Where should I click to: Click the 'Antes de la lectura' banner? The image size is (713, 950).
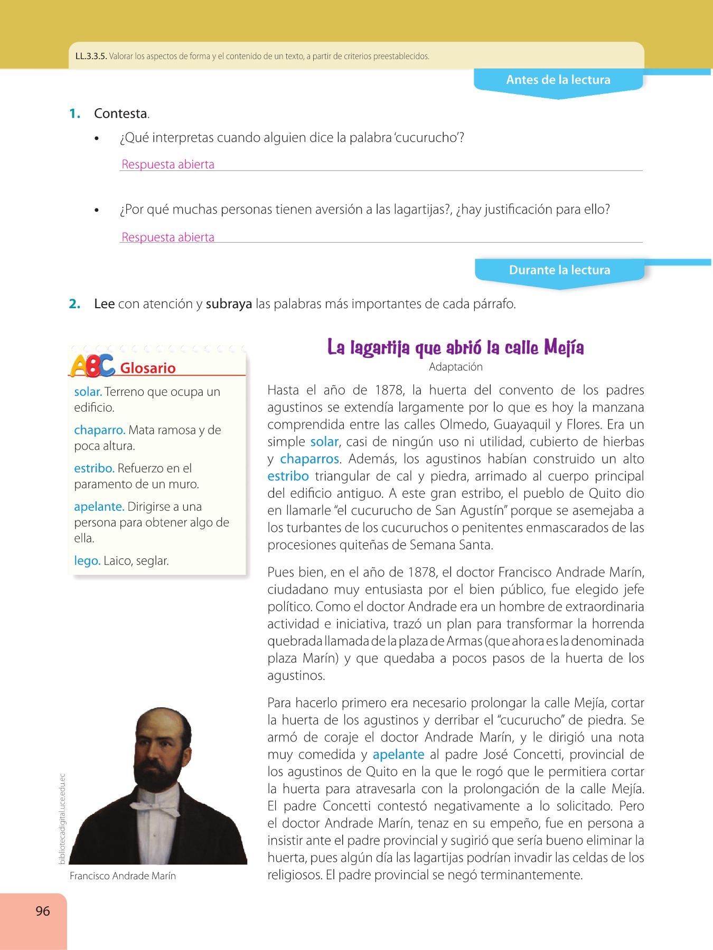click(558, 80)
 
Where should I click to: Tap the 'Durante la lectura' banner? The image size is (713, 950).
click(559, 270)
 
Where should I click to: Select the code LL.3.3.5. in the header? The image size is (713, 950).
click(91, 56)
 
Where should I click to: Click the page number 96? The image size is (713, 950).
click(43, 911)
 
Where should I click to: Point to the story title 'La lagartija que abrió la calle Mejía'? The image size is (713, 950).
click(455, 348)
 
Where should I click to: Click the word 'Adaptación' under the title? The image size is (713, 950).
click(455, 367)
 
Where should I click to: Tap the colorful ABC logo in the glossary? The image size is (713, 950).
click(92, 366)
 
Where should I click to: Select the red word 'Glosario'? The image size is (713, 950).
click(148, 368)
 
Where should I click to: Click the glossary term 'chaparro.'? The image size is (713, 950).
click(99, 430)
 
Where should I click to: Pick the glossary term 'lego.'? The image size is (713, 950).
click(87, 560)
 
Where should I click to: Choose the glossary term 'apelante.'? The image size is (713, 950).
click(99, 507)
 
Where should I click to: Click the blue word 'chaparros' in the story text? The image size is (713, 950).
click(309, 459)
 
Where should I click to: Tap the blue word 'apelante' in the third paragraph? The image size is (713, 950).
click(398, 755)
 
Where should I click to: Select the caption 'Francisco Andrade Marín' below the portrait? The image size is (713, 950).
click(123, 876)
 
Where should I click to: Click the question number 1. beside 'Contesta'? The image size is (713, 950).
click(75, 113)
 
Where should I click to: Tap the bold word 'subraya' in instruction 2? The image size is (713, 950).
click(229, 304)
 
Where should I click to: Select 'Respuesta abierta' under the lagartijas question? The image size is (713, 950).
click(168, 237)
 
